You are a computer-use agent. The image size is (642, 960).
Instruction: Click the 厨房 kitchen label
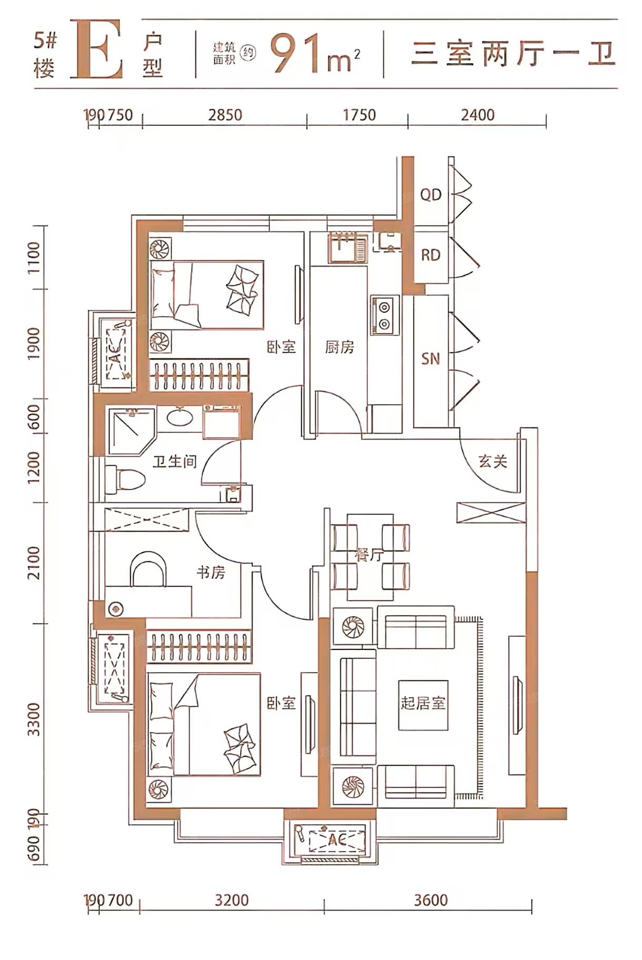339,347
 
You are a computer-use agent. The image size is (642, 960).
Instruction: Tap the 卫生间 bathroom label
175,462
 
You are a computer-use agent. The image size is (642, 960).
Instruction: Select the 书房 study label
211,572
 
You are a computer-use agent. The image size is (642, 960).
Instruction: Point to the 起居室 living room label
423,703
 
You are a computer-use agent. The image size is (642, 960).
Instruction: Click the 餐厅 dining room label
369,555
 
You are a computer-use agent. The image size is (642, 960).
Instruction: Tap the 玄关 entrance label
493,462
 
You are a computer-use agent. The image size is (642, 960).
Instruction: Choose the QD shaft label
430,195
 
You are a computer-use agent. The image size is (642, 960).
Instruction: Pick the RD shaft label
430,255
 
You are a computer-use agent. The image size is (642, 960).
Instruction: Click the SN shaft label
430,359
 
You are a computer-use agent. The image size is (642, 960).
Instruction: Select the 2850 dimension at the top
225,115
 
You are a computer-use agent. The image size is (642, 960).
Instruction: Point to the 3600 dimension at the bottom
430,900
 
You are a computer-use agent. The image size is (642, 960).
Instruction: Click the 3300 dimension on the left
34,719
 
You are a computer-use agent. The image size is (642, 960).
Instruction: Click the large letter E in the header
98,49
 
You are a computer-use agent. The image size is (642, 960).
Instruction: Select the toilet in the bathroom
125,479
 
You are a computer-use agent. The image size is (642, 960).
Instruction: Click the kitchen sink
348,247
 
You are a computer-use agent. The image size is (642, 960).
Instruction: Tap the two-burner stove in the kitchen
385,315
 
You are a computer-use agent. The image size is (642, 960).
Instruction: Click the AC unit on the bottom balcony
337,841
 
